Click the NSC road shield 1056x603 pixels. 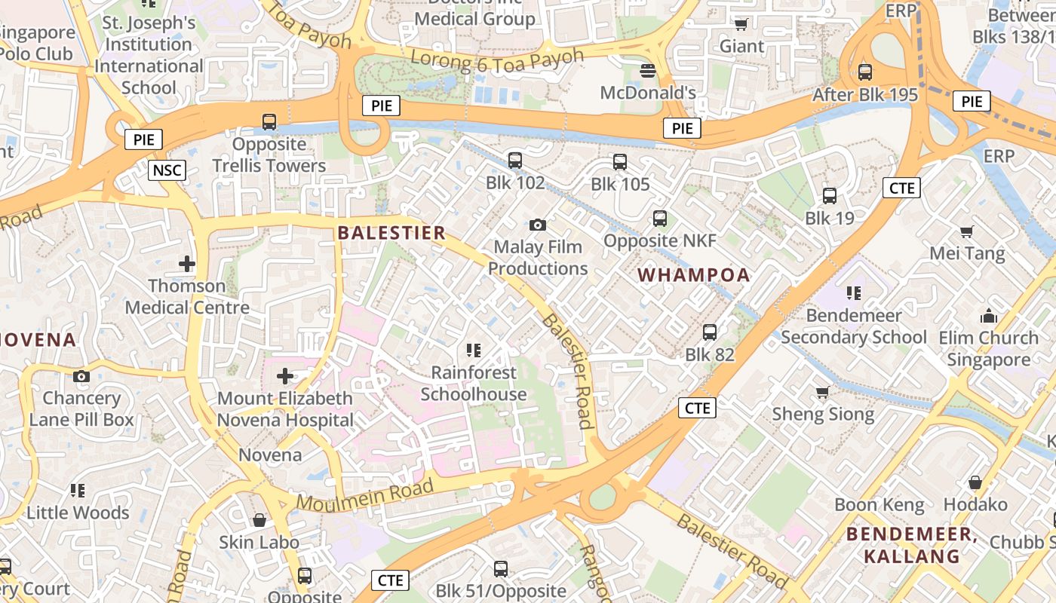tap(167, 170)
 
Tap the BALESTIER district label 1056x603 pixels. tap(391, 232)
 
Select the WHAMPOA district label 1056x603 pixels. tap(694, 275)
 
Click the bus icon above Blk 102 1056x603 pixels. tap(515, 160)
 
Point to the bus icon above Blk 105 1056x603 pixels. tap(620, 161)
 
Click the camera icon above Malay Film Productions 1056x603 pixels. tap(538, 225)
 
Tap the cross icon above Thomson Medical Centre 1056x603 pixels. tap(187, 264)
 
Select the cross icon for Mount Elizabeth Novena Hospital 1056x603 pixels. tap(285, 375)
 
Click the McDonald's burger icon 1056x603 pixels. tap(647, 71)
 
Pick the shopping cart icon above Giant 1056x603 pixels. tap(741, 24)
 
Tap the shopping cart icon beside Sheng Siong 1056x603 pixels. tap(823, 392)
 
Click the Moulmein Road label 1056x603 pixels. tap(365, 494)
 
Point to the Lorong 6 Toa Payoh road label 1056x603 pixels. tap(497, 60)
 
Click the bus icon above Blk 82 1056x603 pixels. tap(710, 332)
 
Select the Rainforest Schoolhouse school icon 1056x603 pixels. tap(474, 350)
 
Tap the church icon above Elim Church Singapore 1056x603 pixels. tap(988, 316)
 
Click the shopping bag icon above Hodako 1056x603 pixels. tap(975, 482)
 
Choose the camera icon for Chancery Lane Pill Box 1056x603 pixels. tap(81, 376)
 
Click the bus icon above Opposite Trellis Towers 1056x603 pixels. tap(269, 121)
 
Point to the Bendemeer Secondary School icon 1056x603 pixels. tap(854, 292)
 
